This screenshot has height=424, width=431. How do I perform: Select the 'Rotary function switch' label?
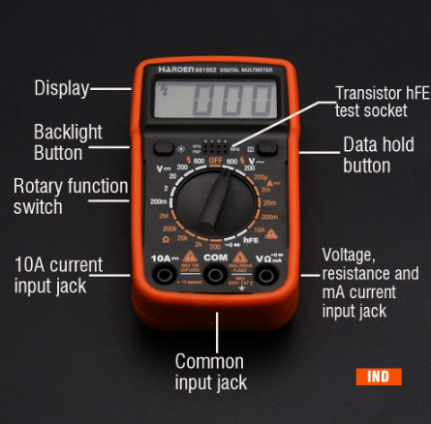point(70,197)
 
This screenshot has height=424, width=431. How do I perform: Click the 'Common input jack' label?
point(210,372)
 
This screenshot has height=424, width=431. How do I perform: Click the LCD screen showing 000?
point(214,100)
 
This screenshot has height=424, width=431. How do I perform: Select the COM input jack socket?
point(215,279)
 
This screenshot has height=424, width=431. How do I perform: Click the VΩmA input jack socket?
point(262,278)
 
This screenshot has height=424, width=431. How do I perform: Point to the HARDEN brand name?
point(178,69)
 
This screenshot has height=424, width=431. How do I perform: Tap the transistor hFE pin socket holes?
point(215,138)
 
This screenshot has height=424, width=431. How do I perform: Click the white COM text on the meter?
point(215,258)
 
